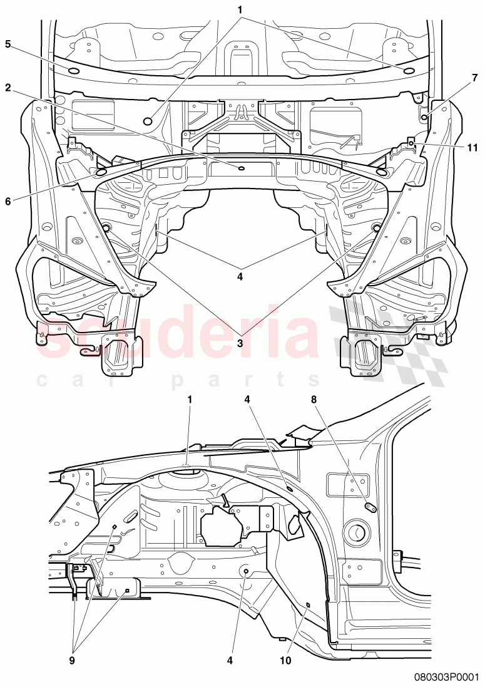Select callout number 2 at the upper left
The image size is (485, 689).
click(x=8, y=87)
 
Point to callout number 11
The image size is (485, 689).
click(x=472, y=148)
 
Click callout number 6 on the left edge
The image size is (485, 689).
click(x=8, y=201)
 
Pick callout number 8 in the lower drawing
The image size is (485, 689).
click(x=314, y=398)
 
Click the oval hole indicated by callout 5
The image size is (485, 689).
click(x=73, y=70)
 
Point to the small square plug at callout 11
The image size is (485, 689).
click(x=412, y=143)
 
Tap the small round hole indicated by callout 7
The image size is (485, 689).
click(x=424, y=117)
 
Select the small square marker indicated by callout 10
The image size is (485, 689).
click(x=308, y=604)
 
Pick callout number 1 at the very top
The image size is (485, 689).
click(x=239, y=9)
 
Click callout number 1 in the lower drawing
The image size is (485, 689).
click(x=190, y=398)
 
